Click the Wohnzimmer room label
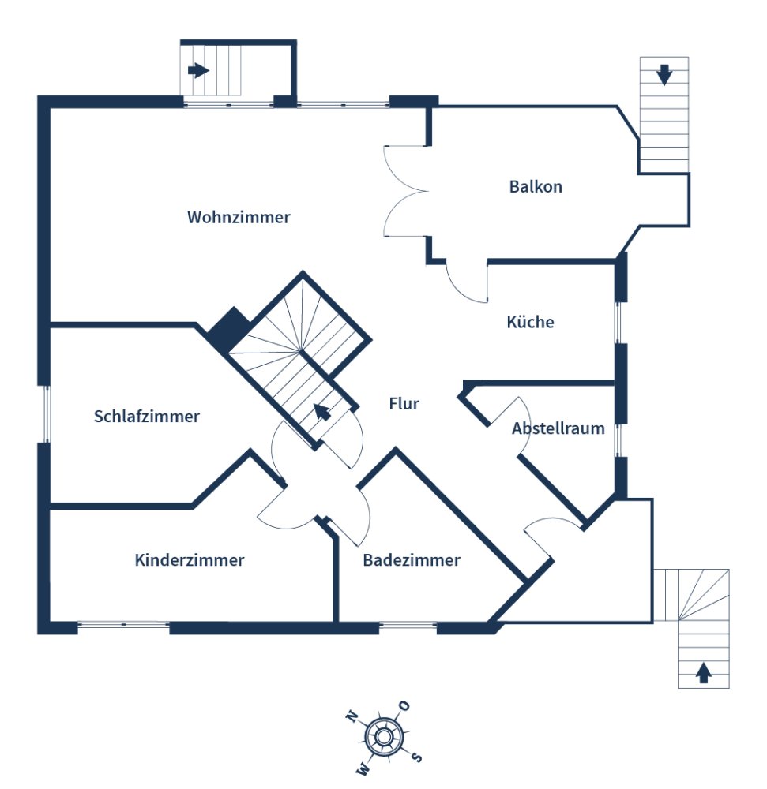tap(239, 218)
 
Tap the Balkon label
tap(536, 187)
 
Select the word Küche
tap(530, 322)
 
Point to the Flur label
tap(404, 403)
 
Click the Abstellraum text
tap(558, 428)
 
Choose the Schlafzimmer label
tap(147, 416)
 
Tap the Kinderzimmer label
tap(190, 560)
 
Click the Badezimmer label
tap(412, 560)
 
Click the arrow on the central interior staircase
tap(322, 412)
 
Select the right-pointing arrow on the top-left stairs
tap(198, 70)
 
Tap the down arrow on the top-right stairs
tap(664, 75)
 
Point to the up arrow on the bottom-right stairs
tap(703, 673)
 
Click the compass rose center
tap(384, 737)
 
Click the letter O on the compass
tap(404, 706)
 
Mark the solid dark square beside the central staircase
tap(229, 329)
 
